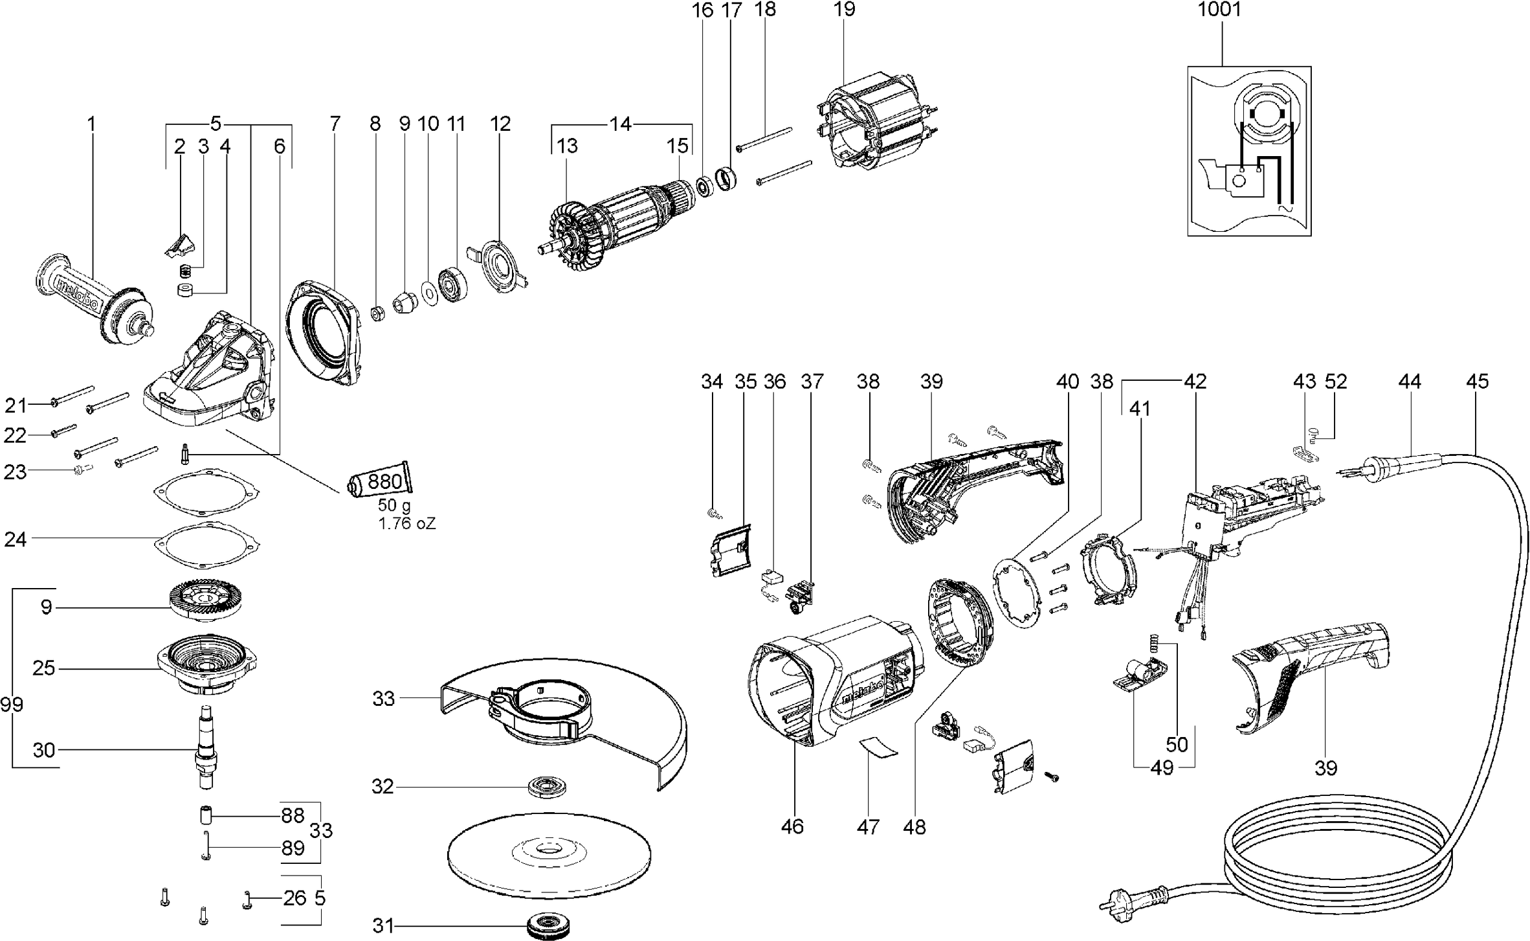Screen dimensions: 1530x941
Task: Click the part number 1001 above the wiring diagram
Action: point(1219,10)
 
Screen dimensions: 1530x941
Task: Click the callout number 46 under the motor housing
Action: point(792,826)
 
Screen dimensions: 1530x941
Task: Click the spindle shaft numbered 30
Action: point(207,745)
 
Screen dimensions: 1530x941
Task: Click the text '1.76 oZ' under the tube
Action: point(407,523)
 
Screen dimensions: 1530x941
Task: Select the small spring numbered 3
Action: point(186,269)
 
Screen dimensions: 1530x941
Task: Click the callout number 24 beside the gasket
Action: point(16,539)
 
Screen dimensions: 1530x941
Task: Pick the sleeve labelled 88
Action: point(206,813)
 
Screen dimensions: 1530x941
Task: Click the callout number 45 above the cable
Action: point(1477,381)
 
